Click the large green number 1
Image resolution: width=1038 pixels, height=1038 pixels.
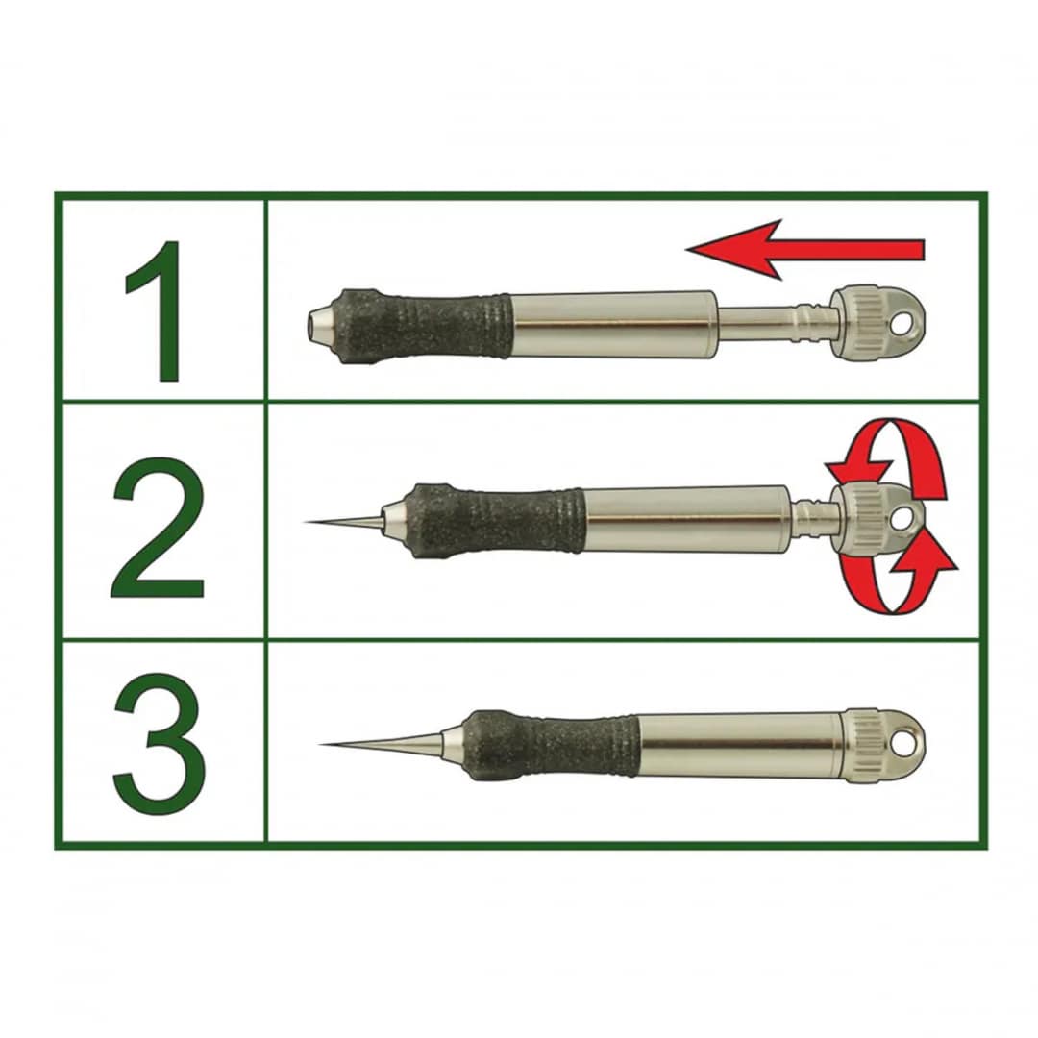click(x=159, y=311)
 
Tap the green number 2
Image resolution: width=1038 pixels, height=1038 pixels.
click(x=158, y=528)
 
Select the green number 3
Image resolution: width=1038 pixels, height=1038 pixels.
click(x=159, y=744)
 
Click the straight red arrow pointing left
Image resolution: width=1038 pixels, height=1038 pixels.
click(x=805, y=250)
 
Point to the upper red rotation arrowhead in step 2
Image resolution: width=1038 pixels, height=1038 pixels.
click(x=858, y=471)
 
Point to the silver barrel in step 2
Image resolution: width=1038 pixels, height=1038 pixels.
click(x=688, y=520)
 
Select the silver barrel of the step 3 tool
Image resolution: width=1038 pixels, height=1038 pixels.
click(x=741, y=745)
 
